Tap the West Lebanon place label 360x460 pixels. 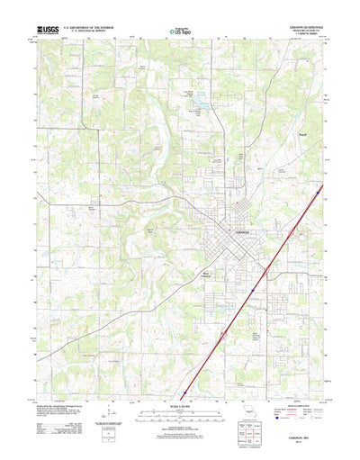[x=208, y=267]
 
